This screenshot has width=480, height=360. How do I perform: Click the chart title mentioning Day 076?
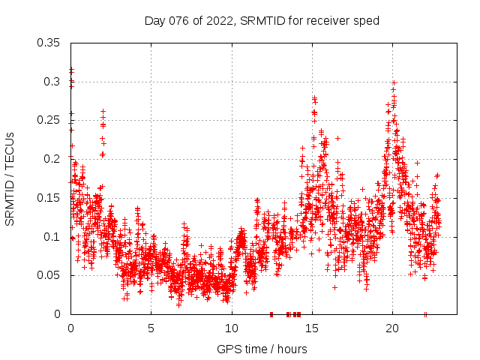(x=262, y=20)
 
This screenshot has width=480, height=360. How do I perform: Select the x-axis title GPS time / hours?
(x=262, y=349)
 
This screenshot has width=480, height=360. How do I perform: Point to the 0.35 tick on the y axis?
(x=49, y=42)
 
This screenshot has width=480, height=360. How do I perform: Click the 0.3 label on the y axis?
(x=52, y=81)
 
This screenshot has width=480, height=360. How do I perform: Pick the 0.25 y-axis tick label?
(x=49, y=120)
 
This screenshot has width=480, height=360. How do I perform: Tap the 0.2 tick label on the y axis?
(x=52, y=159)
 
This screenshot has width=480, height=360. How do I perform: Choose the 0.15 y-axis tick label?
(x=49, y=198)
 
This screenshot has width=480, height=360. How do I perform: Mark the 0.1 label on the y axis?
(x=52, y=237)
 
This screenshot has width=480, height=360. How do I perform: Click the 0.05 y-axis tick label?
(x=49, y=275)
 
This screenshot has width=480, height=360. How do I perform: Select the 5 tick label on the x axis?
(x=151, y=328)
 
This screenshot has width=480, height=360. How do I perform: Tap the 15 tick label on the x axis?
(x=312, y=328)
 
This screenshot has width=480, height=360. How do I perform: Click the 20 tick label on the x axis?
(x=392, y=328)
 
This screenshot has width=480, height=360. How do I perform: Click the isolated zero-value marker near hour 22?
(x=425, y=314)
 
